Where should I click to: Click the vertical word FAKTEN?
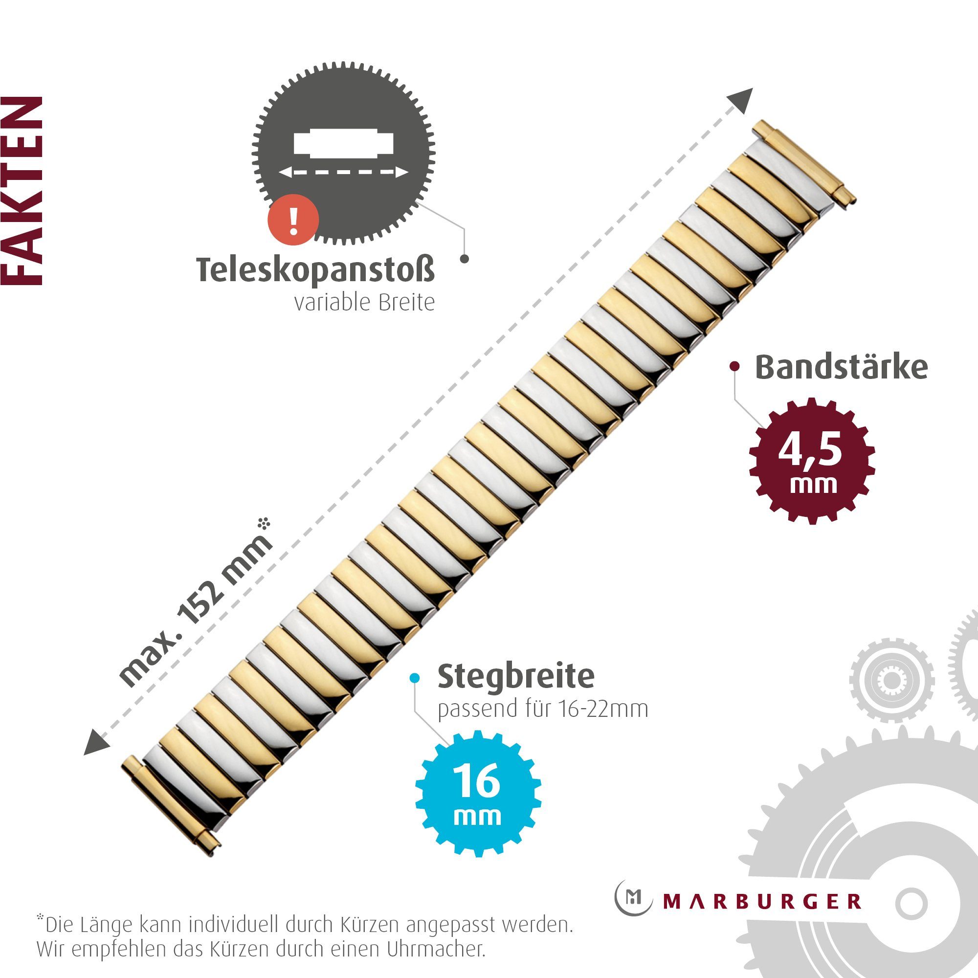coord(22,191)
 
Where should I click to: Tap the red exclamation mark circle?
coord(293,220)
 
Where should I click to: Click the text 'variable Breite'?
coord(364,303)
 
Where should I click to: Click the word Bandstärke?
coord(841,367)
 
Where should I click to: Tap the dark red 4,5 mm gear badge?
coord(812,461)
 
